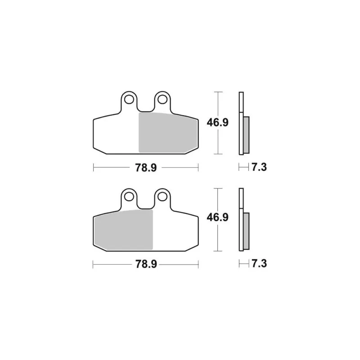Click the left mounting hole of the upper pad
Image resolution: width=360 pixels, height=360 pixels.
coord(129,99)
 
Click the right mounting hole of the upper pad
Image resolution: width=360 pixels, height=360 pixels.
coord(162,99)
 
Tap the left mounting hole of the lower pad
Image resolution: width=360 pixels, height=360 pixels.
coord(129,197)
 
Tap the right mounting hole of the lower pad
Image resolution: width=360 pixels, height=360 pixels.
coord(162,197)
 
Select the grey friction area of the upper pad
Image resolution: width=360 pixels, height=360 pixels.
coord(168,133)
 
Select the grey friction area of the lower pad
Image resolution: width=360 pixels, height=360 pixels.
coord(123,230)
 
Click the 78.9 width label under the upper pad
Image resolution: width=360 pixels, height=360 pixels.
coord(146,167)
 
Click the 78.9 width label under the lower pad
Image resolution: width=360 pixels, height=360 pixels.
coord(146,264)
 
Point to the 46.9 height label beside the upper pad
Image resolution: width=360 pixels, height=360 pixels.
coord(217,122)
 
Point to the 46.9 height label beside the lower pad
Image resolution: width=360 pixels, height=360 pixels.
coord(217,217)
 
